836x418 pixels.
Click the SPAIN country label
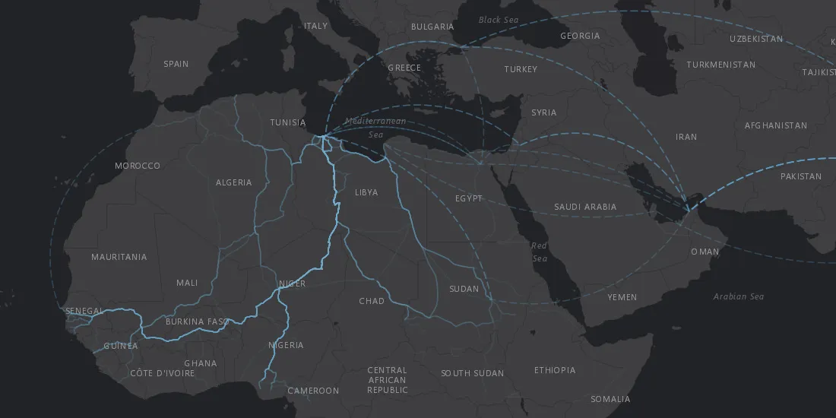point(176,64)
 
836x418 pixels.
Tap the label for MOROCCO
point(138,166)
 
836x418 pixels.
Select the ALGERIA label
point(233,182)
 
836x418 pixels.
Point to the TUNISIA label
point(288,122)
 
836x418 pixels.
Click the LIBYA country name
point(366,192)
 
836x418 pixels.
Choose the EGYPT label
point(469,198)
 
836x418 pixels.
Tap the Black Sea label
point(499,20)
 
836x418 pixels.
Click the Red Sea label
point(539,252)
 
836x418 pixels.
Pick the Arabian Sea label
point(738,296)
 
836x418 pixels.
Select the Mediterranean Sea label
point(375,128)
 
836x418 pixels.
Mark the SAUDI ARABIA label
point(585,207)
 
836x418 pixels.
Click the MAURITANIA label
point(119,257)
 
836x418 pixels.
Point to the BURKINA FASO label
point(197,321)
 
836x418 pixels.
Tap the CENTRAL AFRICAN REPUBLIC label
point(387,380)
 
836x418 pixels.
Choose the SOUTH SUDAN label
point(472,373)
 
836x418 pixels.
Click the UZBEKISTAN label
point(756,39)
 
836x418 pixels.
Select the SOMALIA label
point(610,399)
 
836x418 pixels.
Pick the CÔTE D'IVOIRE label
point(162,373)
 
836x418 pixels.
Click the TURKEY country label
point(521,69)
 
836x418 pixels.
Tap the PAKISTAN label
point(800,176)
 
